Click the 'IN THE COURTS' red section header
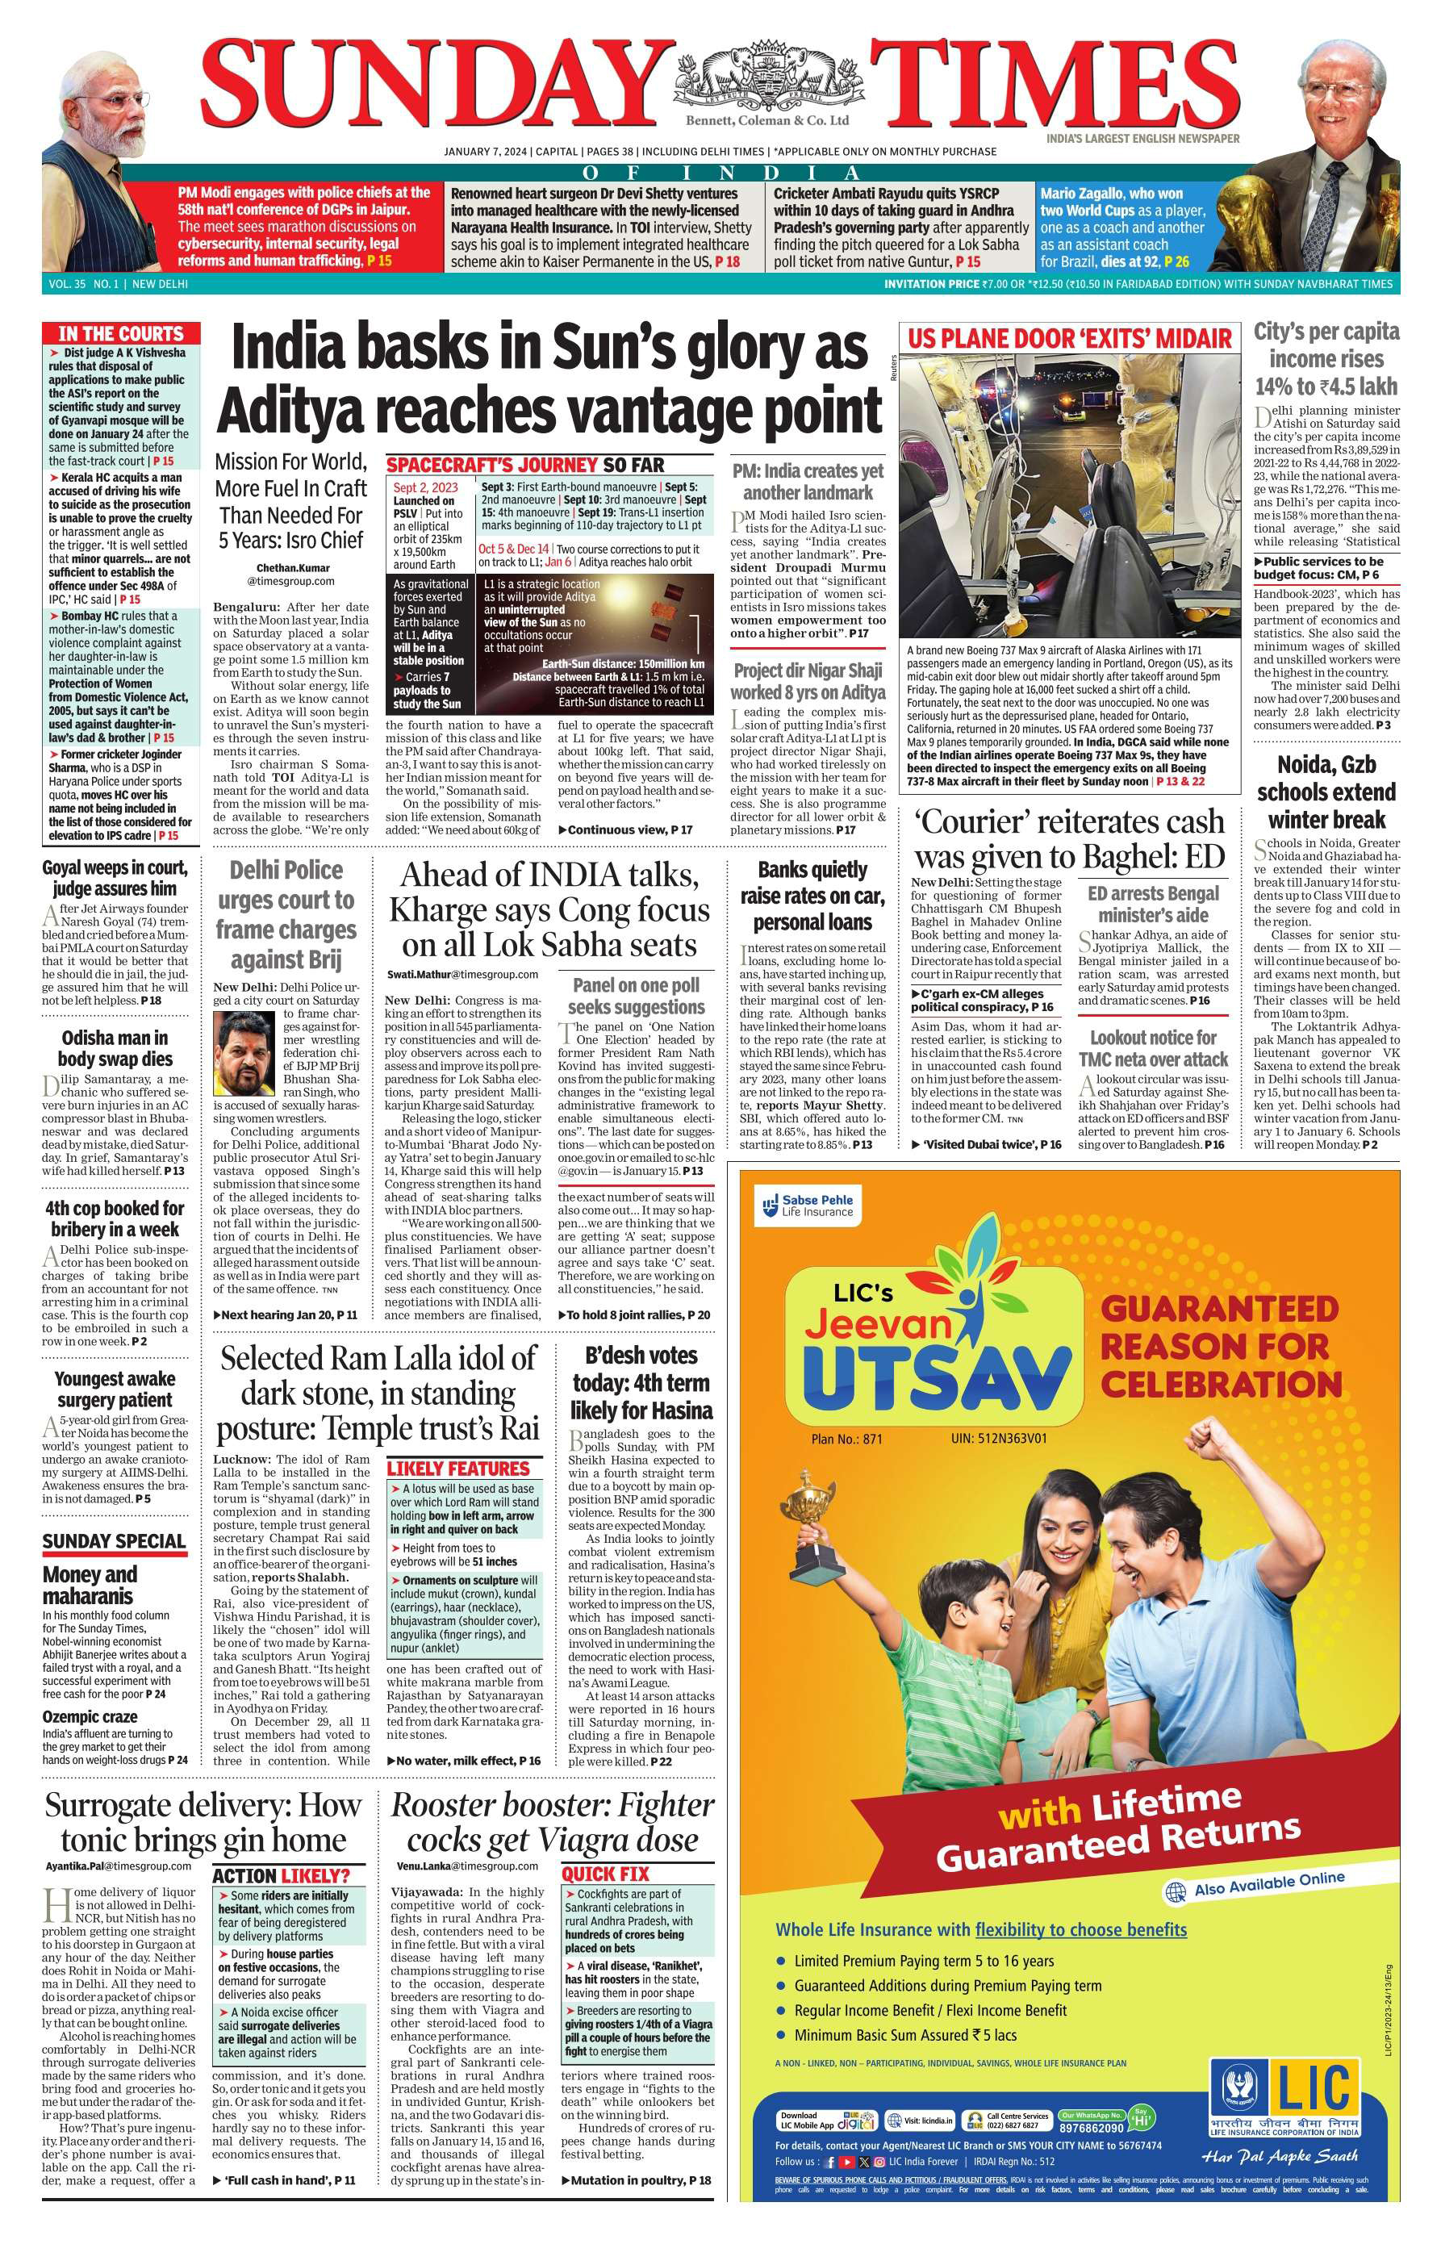tap(121, 334)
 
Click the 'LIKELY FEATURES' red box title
tap(458, 1469)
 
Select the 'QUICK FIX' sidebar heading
tap(604, 1874)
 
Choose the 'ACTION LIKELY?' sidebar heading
tap(281, 1875)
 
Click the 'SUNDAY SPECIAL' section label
tap(114, 1541)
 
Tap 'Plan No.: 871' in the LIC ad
tap(847, 1438)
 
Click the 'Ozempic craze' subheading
tap(90, 1716)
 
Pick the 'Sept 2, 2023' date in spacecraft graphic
tap(425, 487)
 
